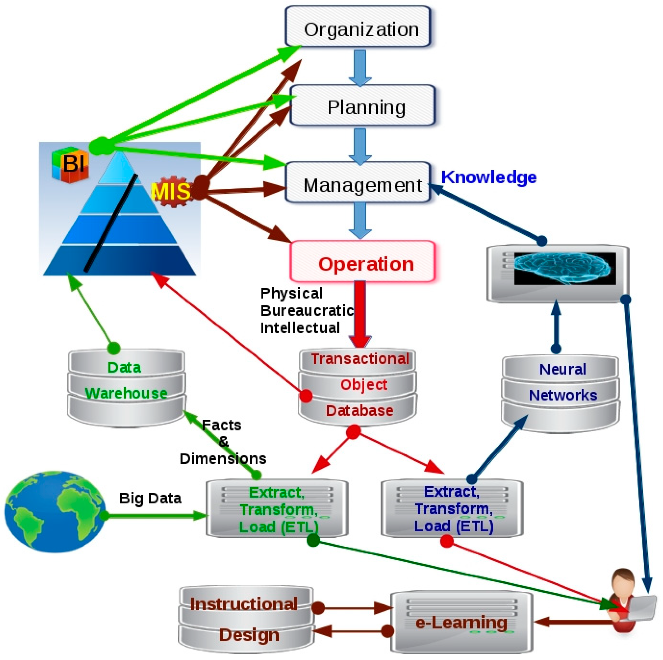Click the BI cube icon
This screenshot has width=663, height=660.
pyautogui.click(x=70, y=164)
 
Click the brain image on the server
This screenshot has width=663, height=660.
pyautogui.click(x=563, y=268)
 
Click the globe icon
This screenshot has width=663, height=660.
pyautogui.click(x=55, y=511)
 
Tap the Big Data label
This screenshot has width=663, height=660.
pyautogui.click(x=150, y=498)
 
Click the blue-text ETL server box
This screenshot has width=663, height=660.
pyautogui.click(x=452, y=508)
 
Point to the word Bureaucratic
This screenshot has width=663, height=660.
pyautogui.click(x=307, y=311)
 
